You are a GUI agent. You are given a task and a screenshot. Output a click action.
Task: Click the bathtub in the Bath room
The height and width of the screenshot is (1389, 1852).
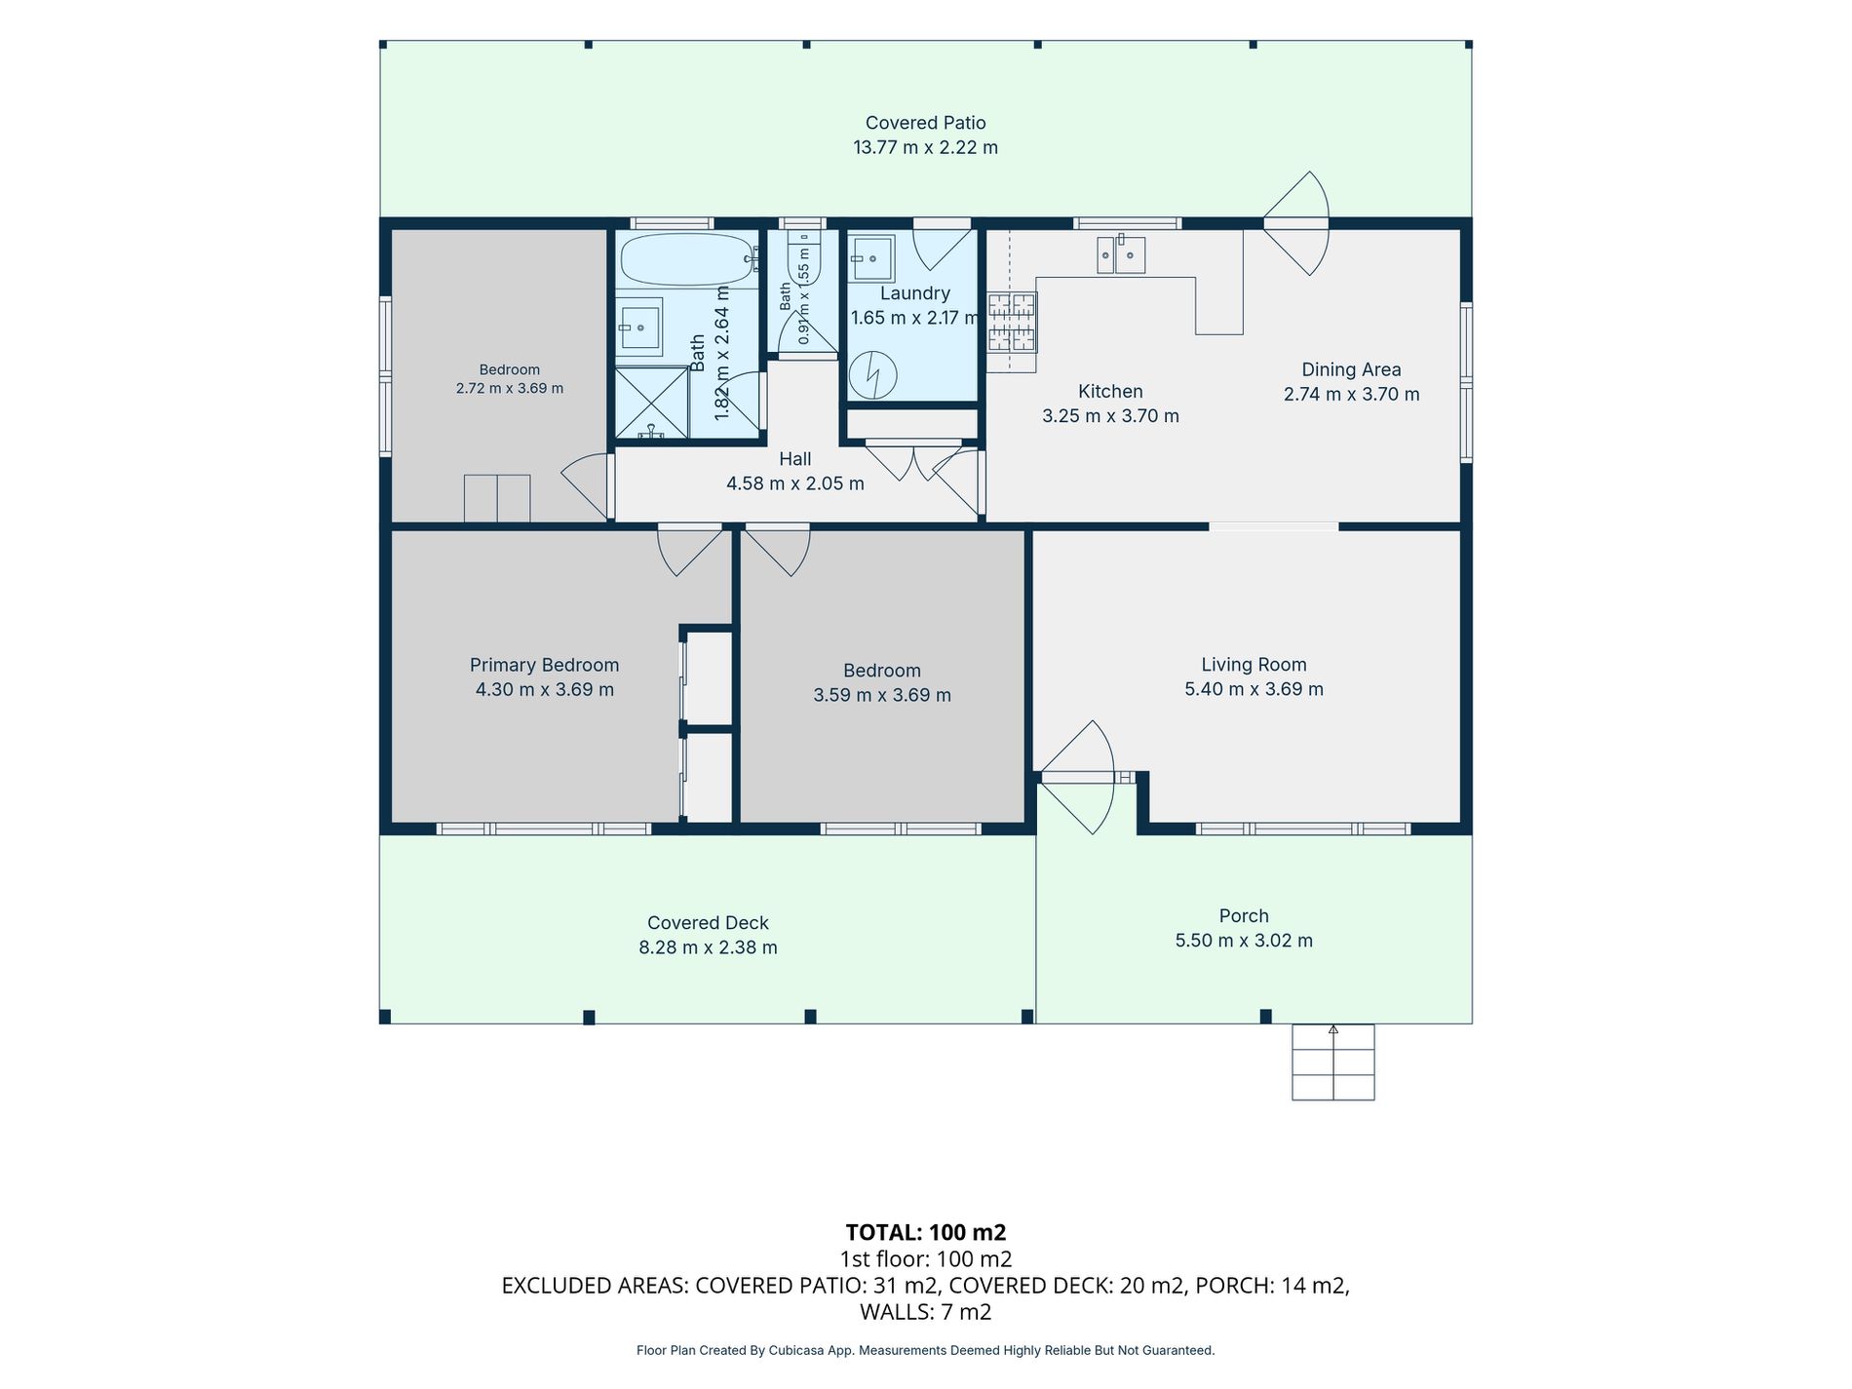point(688,258)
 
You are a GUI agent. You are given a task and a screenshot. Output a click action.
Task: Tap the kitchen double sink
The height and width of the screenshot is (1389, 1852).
point(1121,254)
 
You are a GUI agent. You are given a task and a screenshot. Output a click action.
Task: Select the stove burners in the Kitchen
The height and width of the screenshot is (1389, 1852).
point(1012,322)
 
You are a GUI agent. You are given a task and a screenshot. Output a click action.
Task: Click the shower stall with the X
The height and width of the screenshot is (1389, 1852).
point(651,404)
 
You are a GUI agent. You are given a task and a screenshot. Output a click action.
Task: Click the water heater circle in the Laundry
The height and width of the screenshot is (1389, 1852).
point(872,374)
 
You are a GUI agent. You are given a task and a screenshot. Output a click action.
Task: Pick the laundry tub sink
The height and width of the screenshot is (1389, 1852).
point(870,258)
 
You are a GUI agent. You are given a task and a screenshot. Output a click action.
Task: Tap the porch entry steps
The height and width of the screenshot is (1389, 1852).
point(1333,1061)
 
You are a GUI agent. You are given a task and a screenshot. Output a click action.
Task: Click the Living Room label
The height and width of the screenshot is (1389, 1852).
point(1254,665)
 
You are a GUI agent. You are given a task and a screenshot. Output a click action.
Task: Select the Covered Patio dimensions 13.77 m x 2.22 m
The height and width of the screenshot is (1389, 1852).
point(926,147)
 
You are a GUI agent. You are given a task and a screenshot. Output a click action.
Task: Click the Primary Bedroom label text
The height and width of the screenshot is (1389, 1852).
point(545,665)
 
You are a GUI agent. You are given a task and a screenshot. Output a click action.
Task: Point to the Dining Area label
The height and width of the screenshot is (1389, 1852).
point(1351,369)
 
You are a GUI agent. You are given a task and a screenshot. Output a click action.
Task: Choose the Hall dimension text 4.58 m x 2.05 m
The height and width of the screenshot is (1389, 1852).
point(795,483)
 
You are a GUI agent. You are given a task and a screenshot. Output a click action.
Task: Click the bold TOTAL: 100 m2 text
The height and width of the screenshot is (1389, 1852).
point(926,1232)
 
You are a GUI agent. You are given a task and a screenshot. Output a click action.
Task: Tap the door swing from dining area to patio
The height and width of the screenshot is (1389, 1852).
point(1297,223)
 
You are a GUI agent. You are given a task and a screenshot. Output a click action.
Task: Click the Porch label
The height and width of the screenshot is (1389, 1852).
point(1244,916)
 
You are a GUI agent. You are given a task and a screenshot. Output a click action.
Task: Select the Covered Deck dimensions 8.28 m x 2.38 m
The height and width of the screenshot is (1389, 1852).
point(709,947)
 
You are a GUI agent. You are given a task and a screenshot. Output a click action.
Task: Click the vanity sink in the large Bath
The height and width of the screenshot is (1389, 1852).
point(639,327)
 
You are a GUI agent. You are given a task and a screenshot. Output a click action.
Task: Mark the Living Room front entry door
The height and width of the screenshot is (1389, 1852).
point(1075,777)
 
